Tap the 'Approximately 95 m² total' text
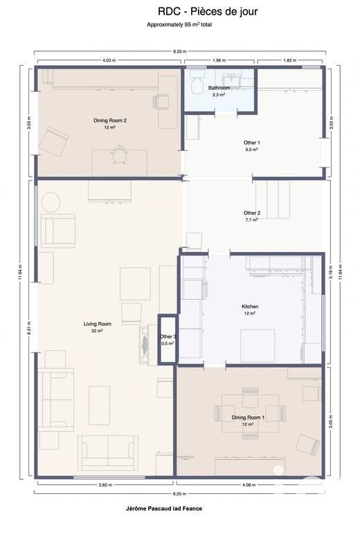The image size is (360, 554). [179, 24]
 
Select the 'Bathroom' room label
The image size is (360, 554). [219, 88]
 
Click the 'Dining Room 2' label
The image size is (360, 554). [110, 120]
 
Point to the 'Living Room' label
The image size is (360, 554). [98, 323]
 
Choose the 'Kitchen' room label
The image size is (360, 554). [249, 306]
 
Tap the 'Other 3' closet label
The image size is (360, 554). [168, 337]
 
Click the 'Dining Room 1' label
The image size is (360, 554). [248, 417]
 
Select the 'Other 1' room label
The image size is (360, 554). [251, 143]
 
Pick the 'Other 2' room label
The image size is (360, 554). [251, 213]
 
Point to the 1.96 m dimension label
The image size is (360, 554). [220, 60]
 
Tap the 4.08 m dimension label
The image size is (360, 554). [248, 484]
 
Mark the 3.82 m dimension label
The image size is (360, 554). [106, 484]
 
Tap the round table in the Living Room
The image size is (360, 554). [51, 202]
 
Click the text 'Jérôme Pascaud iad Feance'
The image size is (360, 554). [160, 508]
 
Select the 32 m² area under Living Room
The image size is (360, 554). [98, 331]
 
